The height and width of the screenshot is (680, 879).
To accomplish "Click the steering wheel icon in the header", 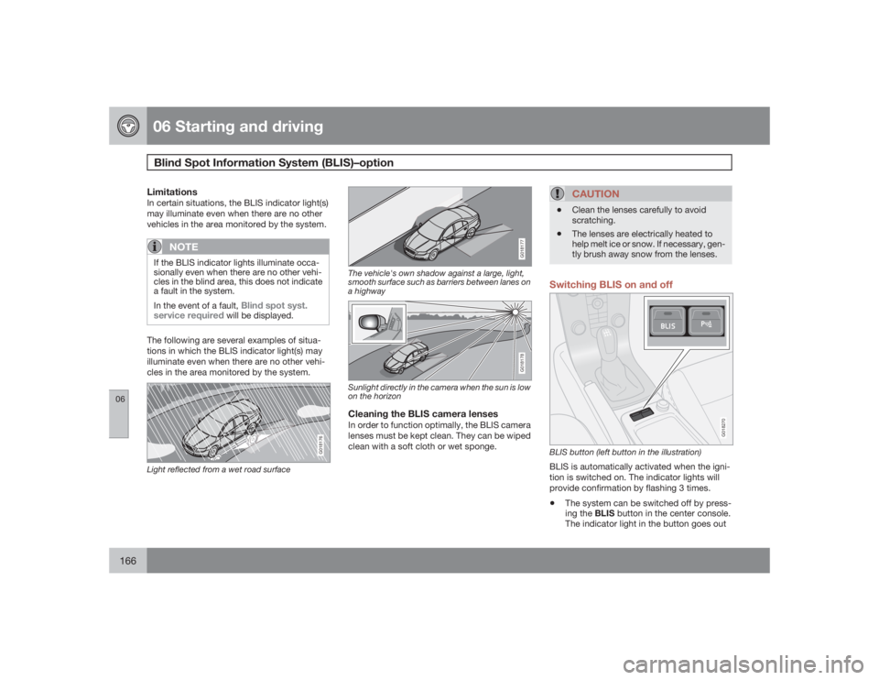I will pyautogui.click(x=126, y=126).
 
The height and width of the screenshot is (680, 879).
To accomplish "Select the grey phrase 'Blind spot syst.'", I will pyautogui.click(x=275, y=304).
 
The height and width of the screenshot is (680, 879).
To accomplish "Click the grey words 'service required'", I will pyautogui.click(x=189, y=315).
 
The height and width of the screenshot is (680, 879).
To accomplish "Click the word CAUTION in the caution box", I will pyautogui.click(x=596, y=194).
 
